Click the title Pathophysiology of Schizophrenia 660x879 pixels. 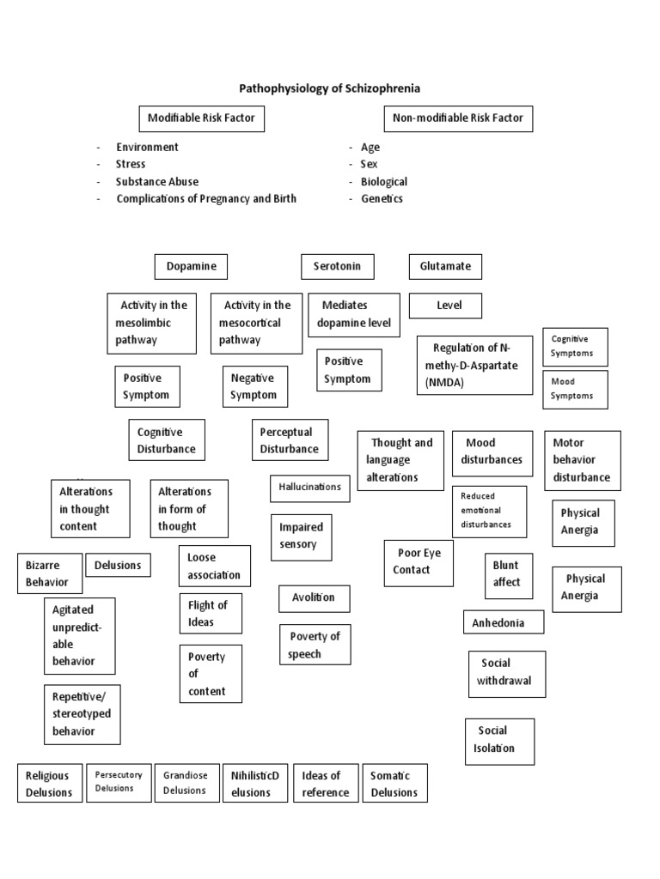[x=329, y=88]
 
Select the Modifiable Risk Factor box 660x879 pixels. [x=201, y=118]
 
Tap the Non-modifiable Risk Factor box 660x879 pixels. [x=457, y=118]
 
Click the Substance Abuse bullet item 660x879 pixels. [x=157, y=181]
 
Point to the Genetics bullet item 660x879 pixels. [x=382, y=198]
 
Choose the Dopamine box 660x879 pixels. [x=191, y=266]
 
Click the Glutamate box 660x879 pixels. [x=445, y=266]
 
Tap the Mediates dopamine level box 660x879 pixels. [x=356, y=314]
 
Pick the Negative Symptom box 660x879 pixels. [x=254, y=386]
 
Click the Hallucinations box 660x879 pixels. [x=309, y=488]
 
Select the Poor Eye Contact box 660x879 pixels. [x=418, y=562]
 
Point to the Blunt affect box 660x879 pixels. [x=507, y=574]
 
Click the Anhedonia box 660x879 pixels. [x=503, y=622]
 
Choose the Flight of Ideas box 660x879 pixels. [x=210, y=614]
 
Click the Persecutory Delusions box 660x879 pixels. [x=119, y=781]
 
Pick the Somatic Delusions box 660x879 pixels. [x=394, y=784]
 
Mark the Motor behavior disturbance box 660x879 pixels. [x=582, y=460]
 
